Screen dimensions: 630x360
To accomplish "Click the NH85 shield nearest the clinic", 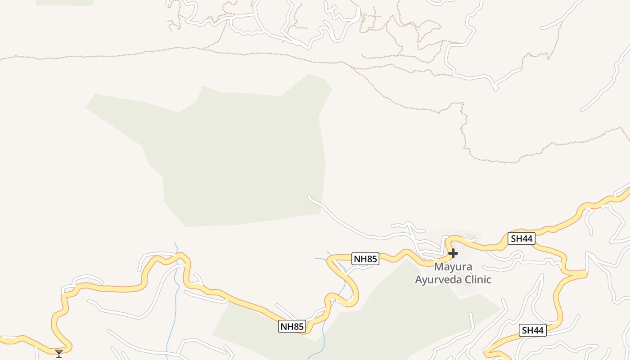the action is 365,259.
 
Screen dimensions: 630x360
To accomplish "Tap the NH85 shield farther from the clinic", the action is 292,326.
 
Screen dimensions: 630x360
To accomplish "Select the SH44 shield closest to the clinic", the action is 522,238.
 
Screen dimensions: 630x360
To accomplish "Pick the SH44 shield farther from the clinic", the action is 532,331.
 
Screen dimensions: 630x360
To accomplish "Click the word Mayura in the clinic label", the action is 453,266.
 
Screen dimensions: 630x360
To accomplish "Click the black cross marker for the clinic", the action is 453,253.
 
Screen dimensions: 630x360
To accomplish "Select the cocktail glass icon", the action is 59,353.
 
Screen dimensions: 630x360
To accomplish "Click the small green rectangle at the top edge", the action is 65,2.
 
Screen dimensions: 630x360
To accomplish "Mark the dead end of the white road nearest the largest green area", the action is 309,197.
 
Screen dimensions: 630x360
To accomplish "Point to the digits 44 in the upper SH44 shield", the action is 526,238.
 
